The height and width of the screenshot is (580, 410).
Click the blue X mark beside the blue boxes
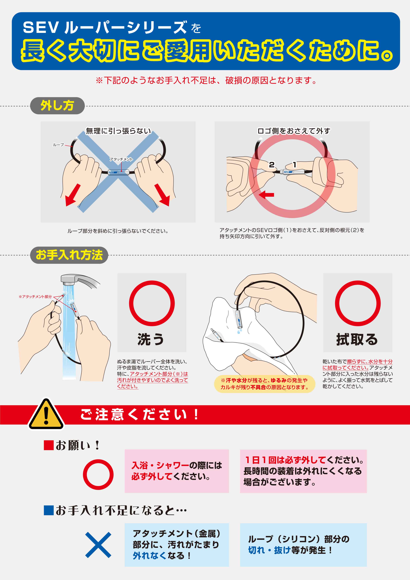pos(98,545)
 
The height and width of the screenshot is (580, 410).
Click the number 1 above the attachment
pos(295,165)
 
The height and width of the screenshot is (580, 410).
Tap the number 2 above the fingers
pos(272,165)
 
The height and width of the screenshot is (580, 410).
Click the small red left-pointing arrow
pos(266,194)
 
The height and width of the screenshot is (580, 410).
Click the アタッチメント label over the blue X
pos(121,159)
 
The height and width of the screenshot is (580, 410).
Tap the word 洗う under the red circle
pos(151,339)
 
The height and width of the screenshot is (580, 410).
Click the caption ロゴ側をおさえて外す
pos(294,131)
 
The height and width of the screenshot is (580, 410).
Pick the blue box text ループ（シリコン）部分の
pos(299,539)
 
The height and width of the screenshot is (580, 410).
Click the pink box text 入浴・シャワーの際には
pos(177,465)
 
